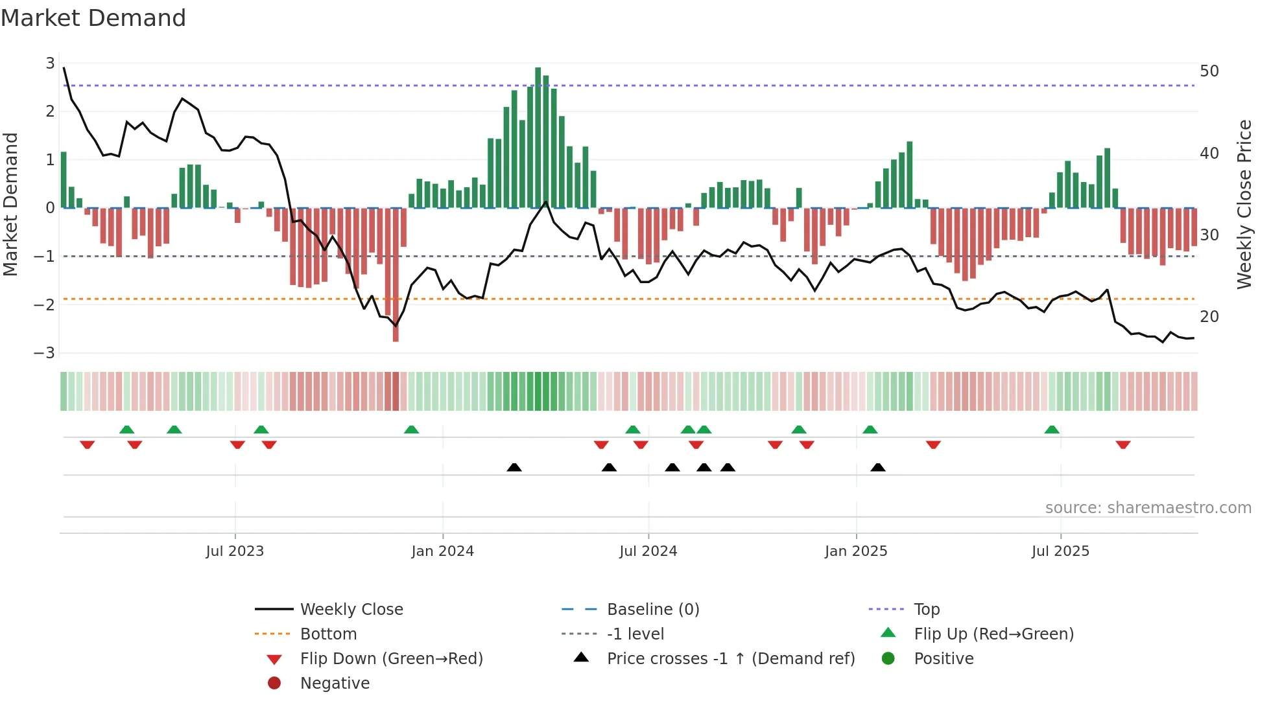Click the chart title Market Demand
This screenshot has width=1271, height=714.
pyautogui.click(x=93, y=18)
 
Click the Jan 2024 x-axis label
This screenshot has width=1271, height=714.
pyautogui.click(x=442, y=551)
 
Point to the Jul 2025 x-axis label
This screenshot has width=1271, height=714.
pyautogui.click(x=1060, y=551)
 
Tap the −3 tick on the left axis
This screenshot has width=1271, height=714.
pyautogui.click(x=45, y=353)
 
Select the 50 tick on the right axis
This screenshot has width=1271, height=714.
pyautogui.click(x=1209, y=71)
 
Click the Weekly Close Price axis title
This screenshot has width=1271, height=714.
pyautogui.click(x=1244, y=204)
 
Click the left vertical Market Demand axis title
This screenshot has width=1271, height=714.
pyautogui.click(x=11, y=204)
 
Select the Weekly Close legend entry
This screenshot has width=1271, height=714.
pyautogui.click(x=351, y=610)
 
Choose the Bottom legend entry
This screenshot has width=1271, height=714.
pyautogui.click(x=328, y=634)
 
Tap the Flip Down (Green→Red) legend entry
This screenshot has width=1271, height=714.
pyautogui.click(x=391, y=659)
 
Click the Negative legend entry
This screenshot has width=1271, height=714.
pyautogui.click(x=335, y=684)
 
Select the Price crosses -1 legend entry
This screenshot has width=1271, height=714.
pyautogui.click(x=730, y=659)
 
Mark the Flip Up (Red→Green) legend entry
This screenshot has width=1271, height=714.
pyautogui.click(x=993, y=634)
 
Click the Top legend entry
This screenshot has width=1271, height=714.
pyautogui.click(x=926, y=610)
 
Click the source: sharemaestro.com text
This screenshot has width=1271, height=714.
pyautogui.click(x=1148, y=508)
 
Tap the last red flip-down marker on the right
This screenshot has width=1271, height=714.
pyautogui.click(x=1123, y=444)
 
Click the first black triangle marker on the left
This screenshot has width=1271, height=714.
pyautogui.click(x=514, y=467)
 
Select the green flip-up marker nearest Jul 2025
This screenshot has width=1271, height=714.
pyautogui.click(x=1052, y=430)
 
